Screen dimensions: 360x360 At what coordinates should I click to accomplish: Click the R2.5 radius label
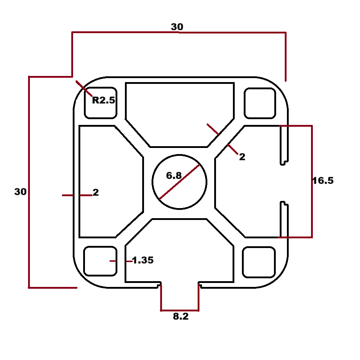104,100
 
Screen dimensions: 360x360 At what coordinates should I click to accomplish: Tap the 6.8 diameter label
174,176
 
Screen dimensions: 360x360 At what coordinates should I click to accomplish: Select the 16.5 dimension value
323,181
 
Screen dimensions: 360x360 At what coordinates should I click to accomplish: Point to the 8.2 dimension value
181,317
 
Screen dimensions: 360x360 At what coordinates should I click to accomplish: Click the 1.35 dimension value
143,260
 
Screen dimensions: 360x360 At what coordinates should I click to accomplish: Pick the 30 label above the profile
177,27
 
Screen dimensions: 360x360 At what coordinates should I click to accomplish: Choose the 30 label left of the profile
20,192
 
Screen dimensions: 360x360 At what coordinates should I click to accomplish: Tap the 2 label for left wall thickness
96,193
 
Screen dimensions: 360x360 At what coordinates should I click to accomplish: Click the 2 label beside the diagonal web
242,157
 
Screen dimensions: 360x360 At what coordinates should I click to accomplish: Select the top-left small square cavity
100,103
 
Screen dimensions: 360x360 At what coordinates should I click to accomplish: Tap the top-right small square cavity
260,103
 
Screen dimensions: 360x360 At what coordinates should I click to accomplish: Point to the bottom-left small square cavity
100,261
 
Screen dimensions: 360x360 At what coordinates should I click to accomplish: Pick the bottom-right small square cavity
259,262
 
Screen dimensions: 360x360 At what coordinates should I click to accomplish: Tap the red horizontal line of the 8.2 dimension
179,310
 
